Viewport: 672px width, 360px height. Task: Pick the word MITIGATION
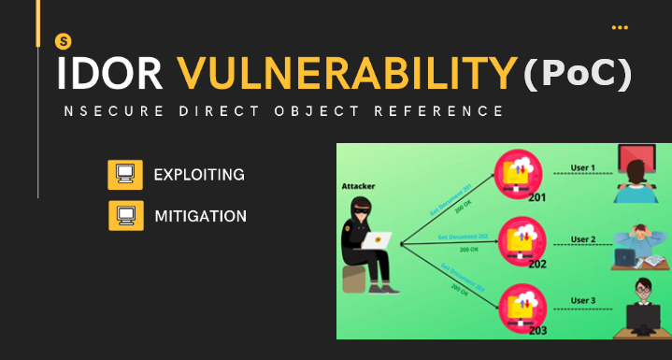pyautogui.click(x=200, y=216)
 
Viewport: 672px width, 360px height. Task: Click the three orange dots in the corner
pyautogui.click(x=620, y=28)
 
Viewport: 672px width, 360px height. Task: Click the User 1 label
pyautogui.click(x=582, y=169)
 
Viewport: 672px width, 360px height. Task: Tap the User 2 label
pyautogui.click(x=582, y=239)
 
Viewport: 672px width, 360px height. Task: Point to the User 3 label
pyautogui.click(x=582, y=301)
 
